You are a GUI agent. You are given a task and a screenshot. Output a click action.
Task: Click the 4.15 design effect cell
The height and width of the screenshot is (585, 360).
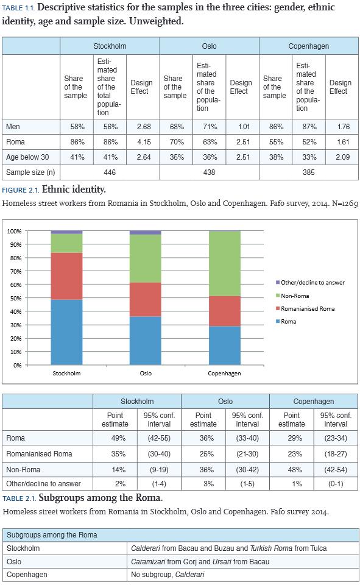pos(144,142)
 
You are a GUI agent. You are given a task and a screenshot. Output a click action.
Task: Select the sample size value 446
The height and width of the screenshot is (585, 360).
pos(110,172)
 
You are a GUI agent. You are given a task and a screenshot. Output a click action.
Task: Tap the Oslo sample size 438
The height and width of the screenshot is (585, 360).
pos(210,172)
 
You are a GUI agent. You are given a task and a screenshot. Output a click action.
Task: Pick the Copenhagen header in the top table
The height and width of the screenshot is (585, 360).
pos(308,46)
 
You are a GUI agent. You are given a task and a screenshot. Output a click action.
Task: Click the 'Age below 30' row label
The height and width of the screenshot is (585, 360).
pos(27,157)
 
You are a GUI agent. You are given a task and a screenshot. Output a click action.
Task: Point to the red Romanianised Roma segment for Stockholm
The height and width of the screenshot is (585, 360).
pos(66,276)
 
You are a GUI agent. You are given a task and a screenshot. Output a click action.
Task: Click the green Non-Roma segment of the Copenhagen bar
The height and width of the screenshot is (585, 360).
pos(225,264)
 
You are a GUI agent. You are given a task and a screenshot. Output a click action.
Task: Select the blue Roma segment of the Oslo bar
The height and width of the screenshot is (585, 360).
pos(146,341)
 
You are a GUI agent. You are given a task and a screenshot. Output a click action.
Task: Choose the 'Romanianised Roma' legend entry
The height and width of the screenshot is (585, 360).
pos(305,308)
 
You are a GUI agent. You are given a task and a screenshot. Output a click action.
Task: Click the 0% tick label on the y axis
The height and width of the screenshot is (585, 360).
pos(17,365)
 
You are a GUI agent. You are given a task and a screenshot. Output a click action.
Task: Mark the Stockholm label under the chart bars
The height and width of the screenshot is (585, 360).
pos(66,373)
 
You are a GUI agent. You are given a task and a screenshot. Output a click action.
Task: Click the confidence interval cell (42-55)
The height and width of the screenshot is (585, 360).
pos(160,438)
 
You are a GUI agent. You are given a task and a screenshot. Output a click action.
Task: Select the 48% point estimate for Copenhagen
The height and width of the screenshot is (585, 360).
pos(295,469)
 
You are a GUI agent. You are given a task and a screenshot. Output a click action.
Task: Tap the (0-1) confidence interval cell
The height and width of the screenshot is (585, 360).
pos(336,483)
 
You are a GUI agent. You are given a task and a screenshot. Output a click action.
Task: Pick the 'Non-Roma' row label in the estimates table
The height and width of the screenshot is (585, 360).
pos(23,469)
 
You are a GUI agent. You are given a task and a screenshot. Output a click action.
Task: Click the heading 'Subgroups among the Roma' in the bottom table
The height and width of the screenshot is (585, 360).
pos(52,534)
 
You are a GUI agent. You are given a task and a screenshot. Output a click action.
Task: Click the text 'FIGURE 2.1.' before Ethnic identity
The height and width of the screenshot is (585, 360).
pos(21,190)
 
